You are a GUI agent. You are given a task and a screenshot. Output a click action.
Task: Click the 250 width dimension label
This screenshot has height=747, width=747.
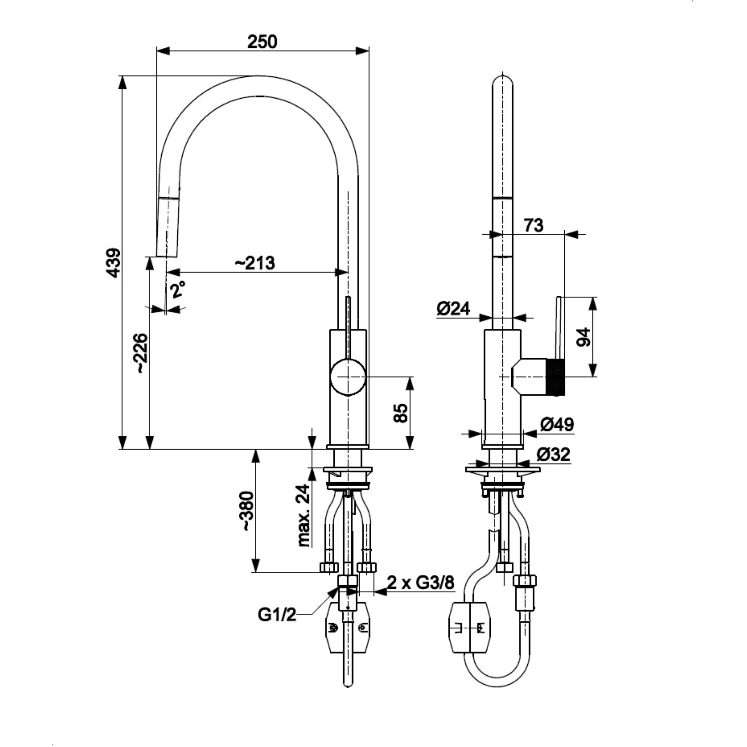coord(263,42)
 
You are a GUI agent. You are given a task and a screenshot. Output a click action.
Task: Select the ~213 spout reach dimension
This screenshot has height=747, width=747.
coord(255,263)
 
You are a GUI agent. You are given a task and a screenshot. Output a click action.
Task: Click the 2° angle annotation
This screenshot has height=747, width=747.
coord(178,289)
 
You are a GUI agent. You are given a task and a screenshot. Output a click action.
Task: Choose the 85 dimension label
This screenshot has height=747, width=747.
coord(400,413)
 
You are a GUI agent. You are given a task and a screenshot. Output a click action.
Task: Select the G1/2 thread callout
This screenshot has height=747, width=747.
coord(277,615)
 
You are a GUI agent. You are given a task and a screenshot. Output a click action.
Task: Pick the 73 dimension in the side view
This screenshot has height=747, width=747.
coord(534,225)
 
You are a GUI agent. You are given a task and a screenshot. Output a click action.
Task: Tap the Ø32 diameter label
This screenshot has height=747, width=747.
coord(553,454)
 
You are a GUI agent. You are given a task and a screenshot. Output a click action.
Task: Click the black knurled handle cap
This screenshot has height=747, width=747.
coord(556,377)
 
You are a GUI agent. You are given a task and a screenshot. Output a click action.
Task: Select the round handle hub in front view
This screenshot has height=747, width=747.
coord(348,376)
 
